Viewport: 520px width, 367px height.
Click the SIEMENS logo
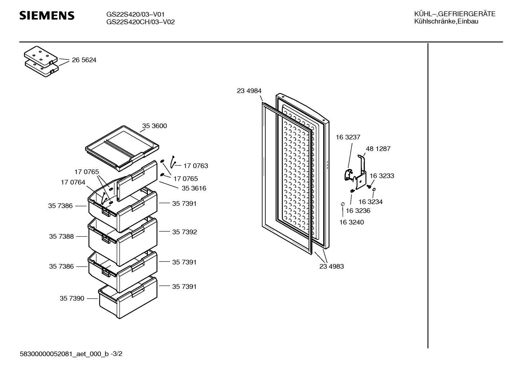[47, 15]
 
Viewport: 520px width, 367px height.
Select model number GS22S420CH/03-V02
[140, 22]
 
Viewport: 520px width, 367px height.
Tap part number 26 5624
[84, 60]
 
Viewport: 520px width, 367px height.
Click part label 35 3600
[154, 126]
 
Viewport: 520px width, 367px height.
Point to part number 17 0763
[195, 166]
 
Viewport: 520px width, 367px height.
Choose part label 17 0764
[73, 183]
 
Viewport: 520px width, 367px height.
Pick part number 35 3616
[194, 188]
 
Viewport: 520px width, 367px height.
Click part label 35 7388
[61, 237]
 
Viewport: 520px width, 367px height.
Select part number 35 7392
[184, 232]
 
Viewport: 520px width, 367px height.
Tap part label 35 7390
[72, 299]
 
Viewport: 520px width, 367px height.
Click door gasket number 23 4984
[249, 91]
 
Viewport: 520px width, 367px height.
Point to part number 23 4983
[331, 267]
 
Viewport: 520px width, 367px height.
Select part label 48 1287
[378, 149]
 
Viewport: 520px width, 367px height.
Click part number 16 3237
[348, 137]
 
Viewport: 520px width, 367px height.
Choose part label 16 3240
[352, 223]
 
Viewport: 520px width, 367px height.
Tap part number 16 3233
[382, 176]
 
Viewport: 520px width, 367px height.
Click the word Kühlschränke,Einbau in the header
[446, 22]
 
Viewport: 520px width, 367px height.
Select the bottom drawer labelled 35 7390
[128, 297]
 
